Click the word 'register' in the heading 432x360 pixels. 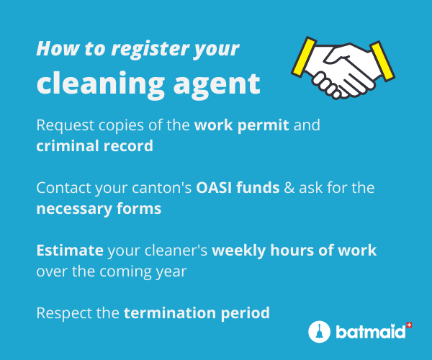pos(150,50)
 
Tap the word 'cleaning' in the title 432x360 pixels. pos(100,84)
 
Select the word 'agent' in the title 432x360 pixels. pos(217,86)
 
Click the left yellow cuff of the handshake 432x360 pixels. pos(304,56)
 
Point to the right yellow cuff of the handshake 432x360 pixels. pos(382,61)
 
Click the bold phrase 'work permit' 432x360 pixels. pos(242,125)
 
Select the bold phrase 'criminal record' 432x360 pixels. pos(95,145)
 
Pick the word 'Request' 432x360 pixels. pos(66,126)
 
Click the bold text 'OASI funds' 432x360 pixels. pos(238,188)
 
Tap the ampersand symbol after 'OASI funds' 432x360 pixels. pos(289,188)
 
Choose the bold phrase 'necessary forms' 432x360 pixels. pos(99,209)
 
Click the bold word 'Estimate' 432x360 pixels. pos(70,251)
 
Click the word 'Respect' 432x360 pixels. pos(64,313)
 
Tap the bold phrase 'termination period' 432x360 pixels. pos(197,313)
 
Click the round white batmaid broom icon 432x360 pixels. pos(319,332)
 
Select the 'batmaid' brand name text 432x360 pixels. pos(371,332)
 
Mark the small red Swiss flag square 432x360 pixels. pos(409,325)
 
